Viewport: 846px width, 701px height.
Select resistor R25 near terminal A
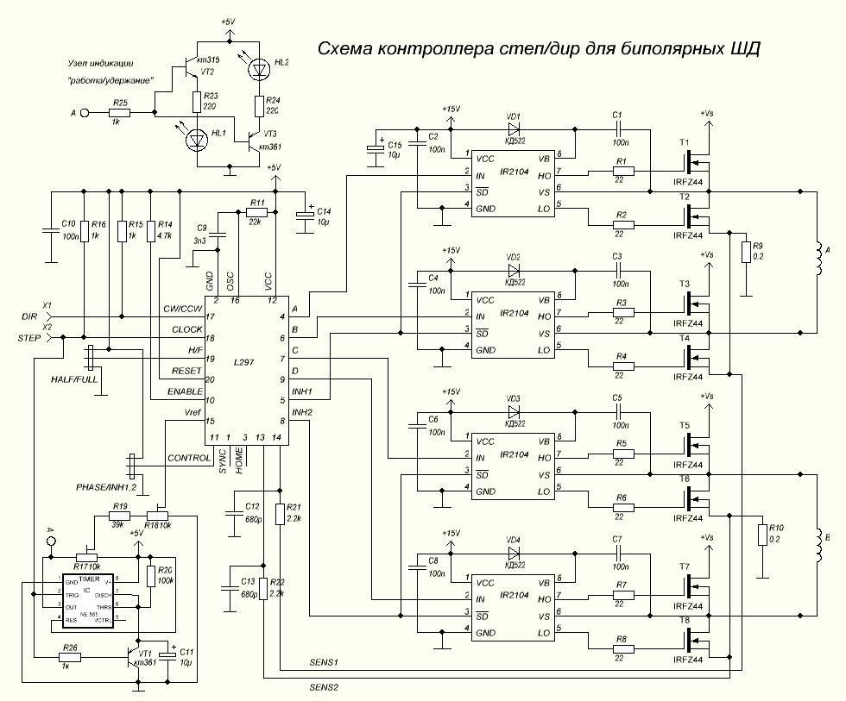(x=119, y=112)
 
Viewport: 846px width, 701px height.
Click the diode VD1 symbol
(x=515, y=130)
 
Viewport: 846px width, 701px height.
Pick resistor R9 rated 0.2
(x=746, y=251)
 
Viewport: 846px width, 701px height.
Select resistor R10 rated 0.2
(x=762, y=534)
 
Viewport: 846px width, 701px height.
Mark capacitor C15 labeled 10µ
(x=377, y=147)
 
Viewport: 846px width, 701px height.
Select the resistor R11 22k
(x=256, y=211)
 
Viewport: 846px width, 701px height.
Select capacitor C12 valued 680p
(x=233, y=515)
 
